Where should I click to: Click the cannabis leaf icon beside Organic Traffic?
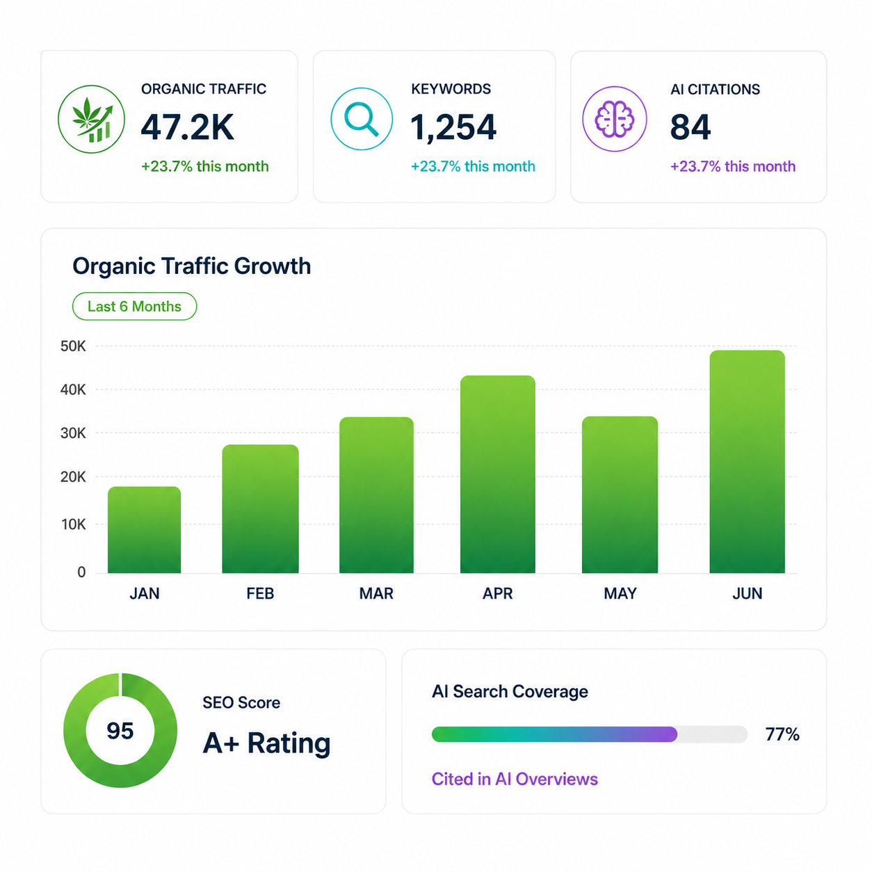pos(91,119)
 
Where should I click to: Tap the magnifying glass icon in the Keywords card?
pos(361,118)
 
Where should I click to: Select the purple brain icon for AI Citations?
pos(614,118)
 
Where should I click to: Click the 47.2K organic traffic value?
pos(187,127)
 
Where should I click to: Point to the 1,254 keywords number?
pos(453,128)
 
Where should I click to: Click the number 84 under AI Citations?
pos(690,127)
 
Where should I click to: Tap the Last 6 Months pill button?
pos(134,307)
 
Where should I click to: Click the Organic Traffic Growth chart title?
pos(192,266)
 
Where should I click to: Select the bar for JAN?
pos(144,529)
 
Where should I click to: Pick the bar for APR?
pos(497,474)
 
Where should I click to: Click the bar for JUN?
pos(747,462)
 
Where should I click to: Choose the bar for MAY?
pos(620,494)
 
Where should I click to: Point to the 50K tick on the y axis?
pos(73,346)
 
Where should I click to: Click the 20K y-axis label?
pos(73,476)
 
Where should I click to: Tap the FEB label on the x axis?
pos(260,593)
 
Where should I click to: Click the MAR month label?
pos(376,593)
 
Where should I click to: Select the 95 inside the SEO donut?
pos(120,730)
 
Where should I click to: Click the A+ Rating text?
pos(266,743)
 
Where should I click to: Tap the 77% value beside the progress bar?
pos(782,734)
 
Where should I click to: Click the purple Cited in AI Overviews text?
pos(515,779)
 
